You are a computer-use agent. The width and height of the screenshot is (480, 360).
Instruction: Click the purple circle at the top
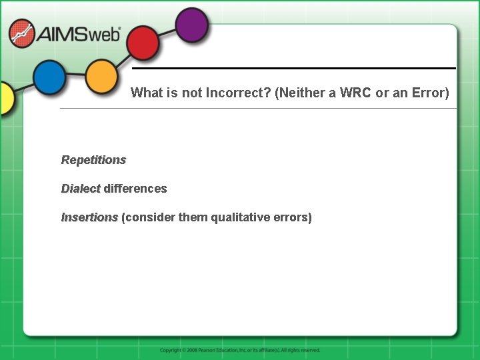point(192,26)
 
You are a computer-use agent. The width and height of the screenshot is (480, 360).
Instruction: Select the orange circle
point(101,77)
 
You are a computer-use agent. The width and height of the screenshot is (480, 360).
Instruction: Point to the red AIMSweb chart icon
point(22,33)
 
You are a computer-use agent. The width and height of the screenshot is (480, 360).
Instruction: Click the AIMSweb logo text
point(79,34)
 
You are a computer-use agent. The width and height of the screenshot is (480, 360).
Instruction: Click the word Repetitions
point(93,160)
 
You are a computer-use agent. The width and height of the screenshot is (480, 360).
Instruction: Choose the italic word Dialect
point(81,189)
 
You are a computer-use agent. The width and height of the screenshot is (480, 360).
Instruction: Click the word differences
point(135,189)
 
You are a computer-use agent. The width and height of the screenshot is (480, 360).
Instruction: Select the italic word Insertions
point(89,217)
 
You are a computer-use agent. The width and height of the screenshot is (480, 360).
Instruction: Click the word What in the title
point(146,93)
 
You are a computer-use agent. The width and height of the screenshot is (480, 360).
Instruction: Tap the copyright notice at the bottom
point(240,350)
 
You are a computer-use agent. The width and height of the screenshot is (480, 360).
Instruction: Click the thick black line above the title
point(293,68)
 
